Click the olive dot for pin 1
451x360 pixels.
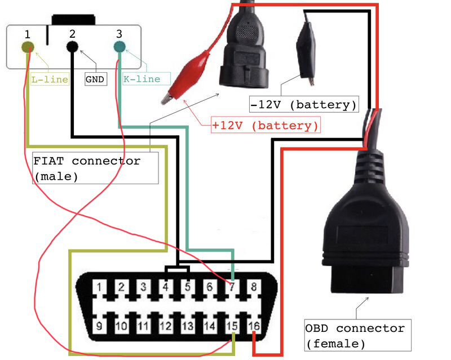click(28, 47)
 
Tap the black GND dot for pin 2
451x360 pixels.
click(72, 47)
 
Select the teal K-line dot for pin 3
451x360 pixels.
click(120, 47)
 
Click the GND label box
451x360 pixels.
click(96, 79)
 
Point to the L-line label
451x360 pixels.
click(50, 79)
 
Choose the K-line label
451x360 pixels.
click(142, 79)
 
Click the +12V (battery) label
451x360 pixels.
click(266, 125)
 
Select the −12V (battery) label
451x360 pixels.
click(304, 104)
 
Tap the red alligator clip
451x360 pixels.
click(188, 76)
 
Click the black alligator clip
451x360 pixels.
click(306, 52)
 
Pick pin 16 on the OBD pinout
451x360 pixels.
click(254, 326)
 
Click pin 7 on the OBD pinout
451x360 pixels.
click(232, 287)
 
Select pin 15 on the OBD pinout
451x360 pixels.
click(232, 326)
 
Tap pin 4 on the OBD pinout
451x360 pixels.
click(166, 287)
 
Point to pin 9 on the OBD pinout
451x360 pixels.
click(99, 326)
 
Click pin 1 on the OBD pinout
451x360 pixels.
click(99, 287)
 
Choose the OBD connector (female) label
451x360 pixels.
click(357, 335)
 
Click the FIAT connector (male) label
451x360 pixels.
click(95, 168)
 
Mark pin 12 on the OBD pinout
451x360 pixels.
click(166, 326)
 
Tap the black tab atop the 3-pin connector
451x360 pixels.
click(74, 20)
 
